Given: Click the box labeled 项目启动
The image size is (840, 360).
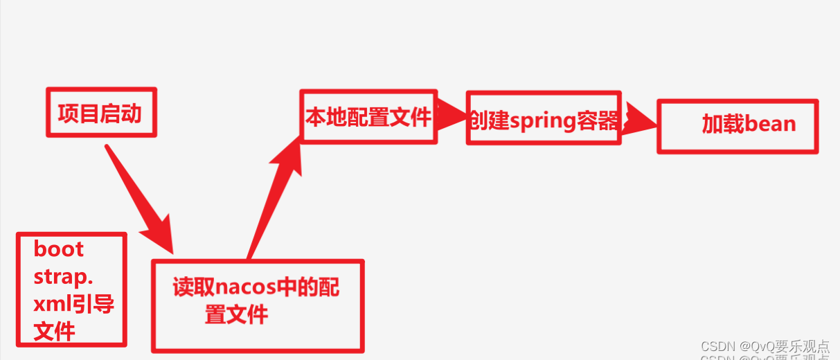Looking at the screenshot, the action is (x=101, y=112).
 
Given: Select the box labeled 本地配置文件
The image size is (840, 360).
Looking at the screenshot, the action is (x=368, y=117).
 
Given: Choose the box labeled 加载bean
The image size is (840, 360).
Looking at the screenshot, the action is (x=738, y=125).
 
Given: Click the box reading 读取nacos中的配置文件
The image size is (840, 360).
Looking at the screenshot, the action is (x=258, y=305).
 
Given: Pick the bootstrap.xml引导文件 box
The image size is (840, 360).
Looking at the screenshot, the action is (x=71, y=289).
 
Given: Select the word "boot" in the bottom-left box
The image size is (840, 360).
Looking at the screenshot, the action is (x=59, y=249).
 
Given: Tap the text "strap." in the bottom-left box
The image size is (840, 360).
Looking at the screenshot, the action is (x=63, y=277).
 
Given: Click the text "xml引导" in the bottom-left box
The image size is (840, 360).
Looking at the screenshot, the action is (x=73, y=305).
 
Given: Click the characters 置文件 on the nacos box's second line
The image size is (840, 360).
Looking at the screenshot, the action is (x=236, y=315).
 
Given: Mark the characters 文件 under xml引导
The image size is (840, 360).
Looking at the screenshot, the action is (x=55, y=331).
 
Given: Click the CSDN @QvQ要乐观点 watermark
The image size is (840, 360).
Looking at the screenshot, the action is (x=765, y=346).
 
